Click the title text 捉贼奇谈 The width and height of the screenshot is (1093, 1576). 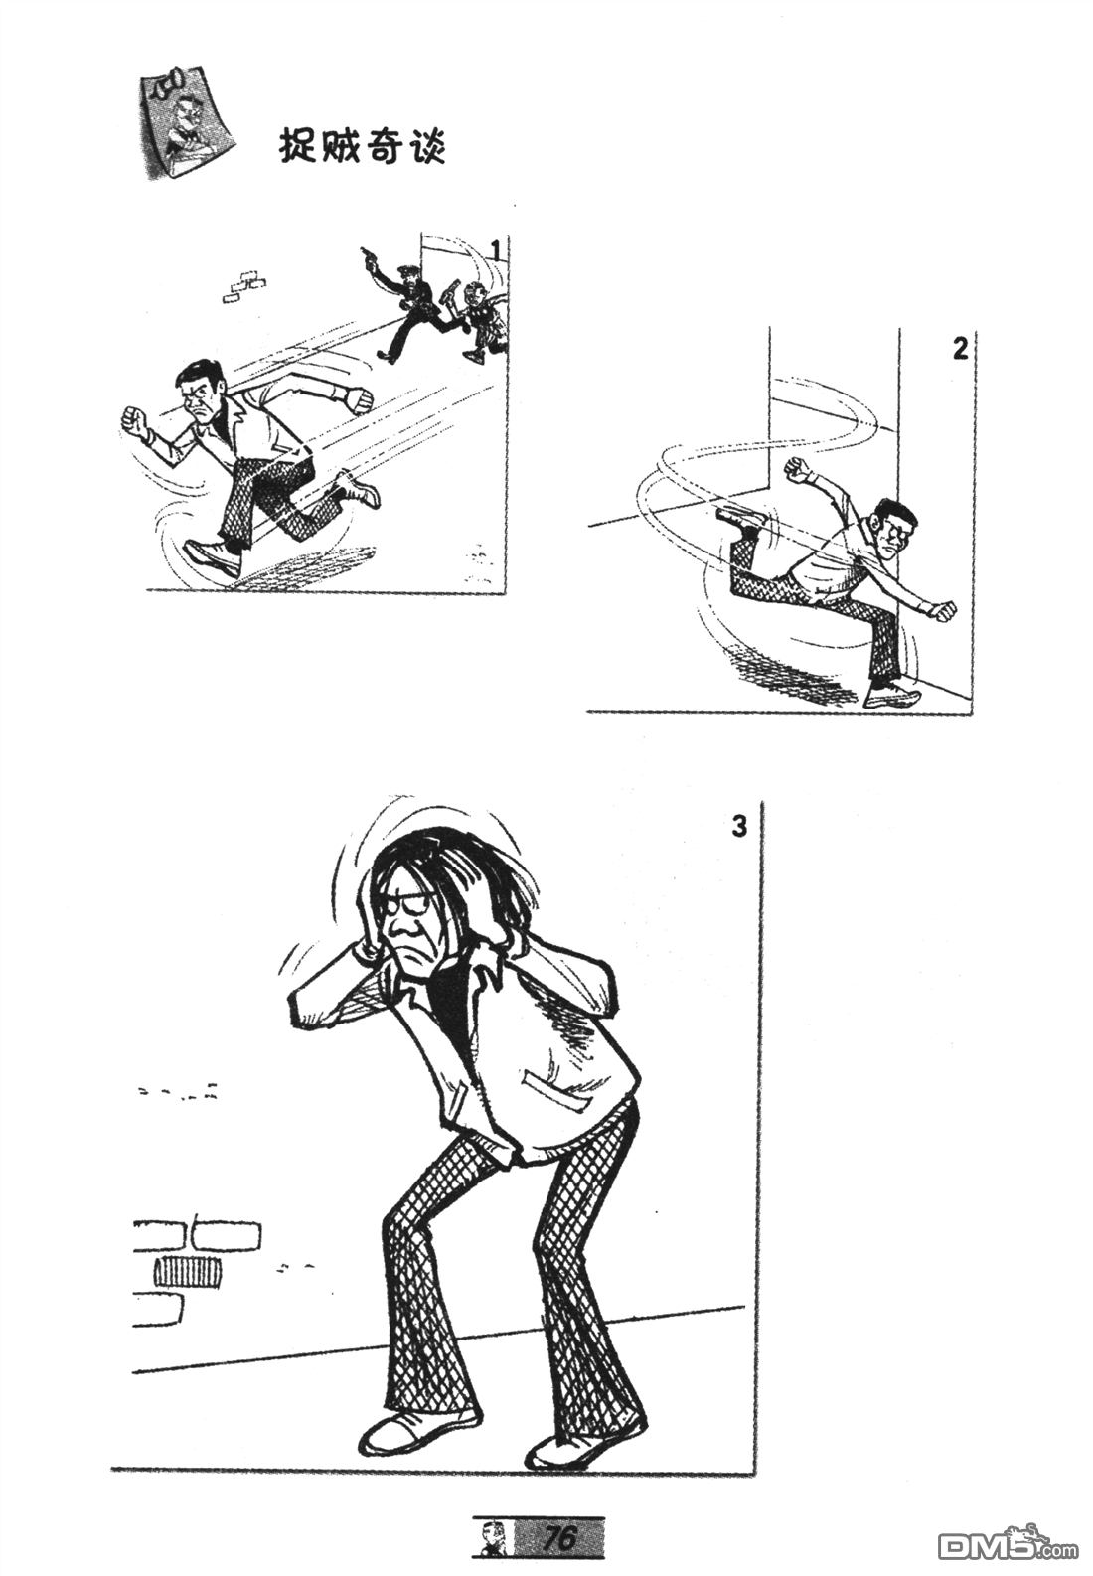coord(363,147)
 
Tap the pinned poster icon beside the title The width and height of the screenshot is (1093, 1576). coord(185,122)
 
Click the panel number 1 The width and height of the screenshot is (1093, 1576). coord(496,251)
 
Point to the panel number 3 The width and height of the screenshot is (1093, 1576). coord(739,826)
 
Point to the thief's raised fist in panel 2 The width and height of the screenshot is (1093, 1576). coord(798,468)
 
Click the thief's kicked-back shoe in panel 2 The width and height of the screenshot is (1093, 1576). coord(740,517)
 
